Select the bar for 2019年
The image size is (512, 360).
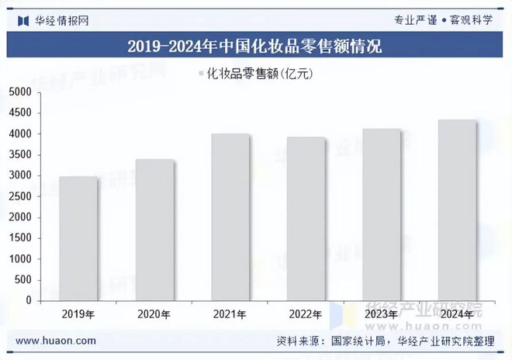tap(78, 238)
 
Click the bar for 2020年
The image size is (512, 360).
tap(154, 230)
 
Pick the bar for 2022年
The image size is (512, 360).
tap(306, 219)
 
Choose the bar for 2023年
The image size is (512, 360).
tap(381, 214)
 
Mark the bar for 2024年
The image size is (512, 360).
tap(456, 209)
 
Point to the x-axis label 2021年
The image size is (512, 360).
tap(230, 314)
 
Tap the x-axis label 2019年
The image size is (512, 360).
tap(78, 314)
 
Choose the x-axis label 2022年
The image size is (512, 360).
tap(306, 314)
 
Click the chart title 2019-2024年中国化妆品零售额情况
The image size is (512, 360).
tap(255, 46)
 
